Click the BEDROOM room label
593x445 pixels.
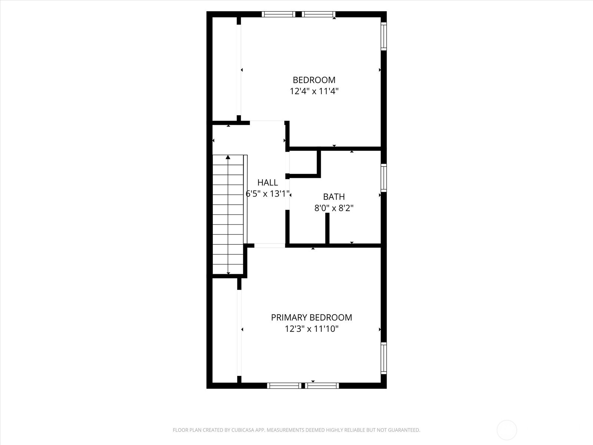[x=314, y=80]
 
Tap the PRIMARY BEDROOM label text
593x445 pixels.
[x=311, y=317]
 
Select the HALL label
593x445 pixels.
[x=268, y=182]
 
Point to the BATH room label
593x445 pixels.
[x=334, y=197]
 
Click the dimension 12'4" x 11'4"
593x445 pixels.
[x=314, y=91]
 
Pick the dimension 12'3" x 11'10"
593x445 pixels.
[x=311, y=329]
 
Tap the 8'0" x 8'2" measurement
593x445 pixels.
[x=334, y=208]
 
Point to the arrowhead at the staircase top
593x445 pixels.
[x=228, y=157]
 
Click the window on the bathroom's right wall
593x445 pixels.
[x=384, y=178]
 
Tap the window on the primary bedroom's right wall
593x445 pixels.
[x=384, y=358]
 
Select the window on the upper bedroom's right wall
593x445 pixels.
[x=384, y=36]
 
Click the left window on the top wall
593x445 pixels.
[x=278, y=14]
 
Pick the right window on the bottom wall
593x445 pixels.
[x=322, y=386]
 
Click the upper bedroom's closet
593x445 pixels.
[x=225, y=69]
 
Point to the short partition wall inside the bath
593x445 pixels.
[x=327, y=228]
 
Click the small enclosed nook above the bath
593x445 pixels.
[x=303, y=162]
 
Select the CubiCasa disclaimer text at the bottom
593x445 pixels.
[x=296, y=430]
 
